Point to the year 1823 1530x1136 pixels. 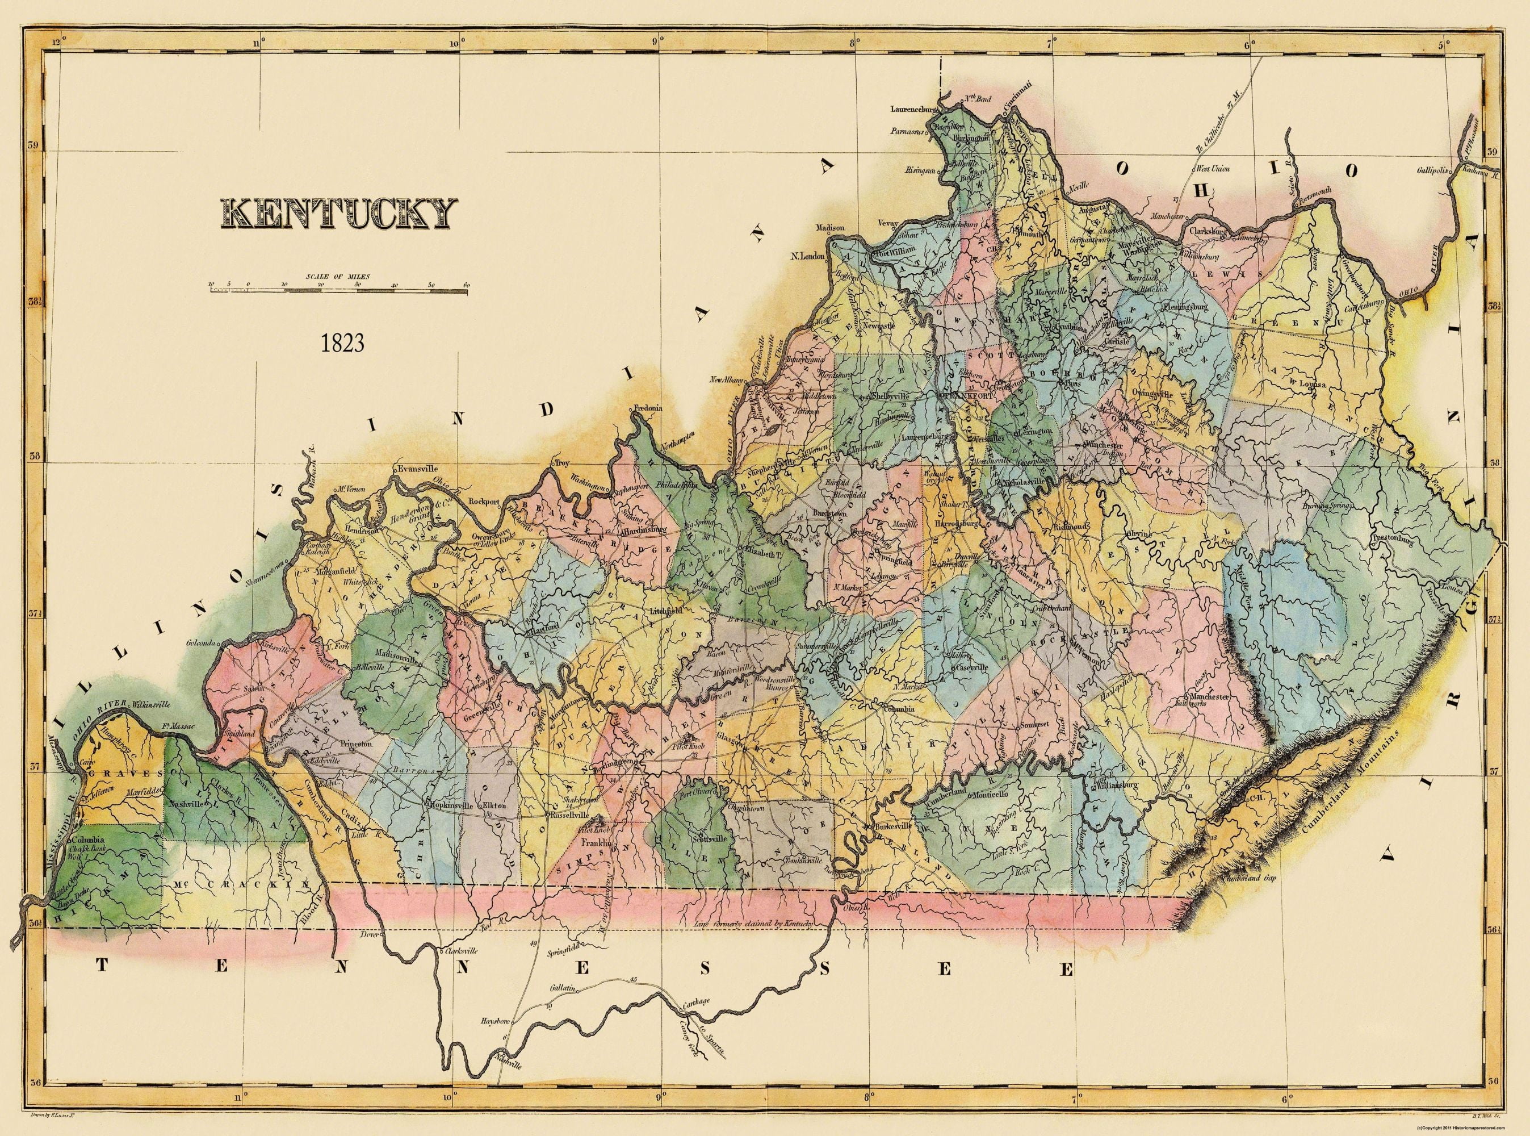(x=342, y=343)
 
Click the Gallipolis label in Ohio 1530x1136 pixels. (x=1428, y=169)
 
